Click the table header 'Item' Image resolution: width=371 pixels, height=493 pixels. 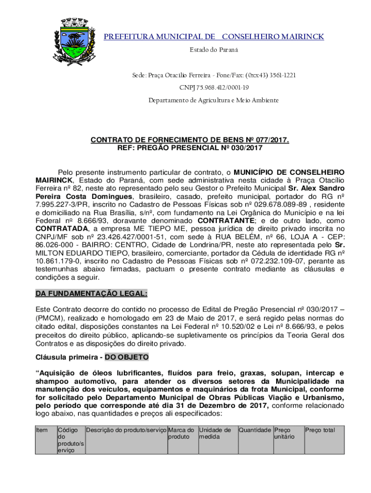point(42,430)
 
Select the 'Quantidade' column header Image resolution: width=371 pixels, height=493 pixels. point(254,430)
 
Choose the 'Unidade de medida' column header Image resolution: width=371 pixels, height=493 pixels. point(215,433)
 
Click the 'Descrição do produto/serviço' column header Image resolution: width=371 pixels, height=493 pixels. point(126,430)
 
